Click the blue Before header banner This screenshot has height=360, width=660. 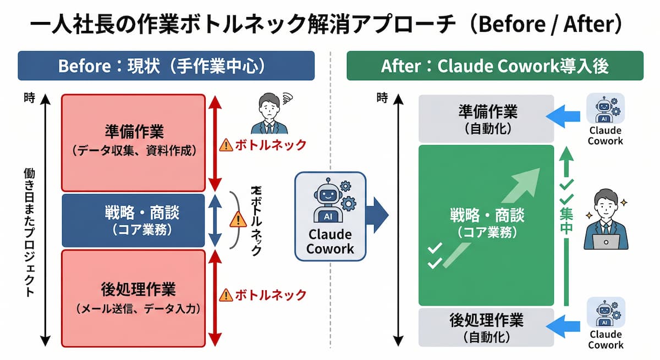(x=166, y=66)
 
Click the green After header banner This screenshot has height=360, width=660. (x=494, y=66)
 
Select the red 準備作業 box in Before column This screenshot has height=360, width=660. (x=133, y=142)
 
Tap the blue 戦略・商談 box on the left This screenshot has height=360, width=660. (x=133, y=220)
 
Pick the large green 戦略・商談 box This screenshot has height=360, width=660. (x=486, y=225)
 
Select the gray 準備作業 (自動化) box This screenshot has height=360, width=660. (x=486, y=118)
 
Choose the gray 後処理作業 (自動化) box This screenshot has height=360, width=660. (x=486, y=327)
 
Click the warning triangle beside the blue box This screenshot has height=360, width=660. (x=238, y=219)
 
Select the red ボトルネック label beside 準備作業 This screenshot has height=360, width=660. (x=270, y=145)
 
